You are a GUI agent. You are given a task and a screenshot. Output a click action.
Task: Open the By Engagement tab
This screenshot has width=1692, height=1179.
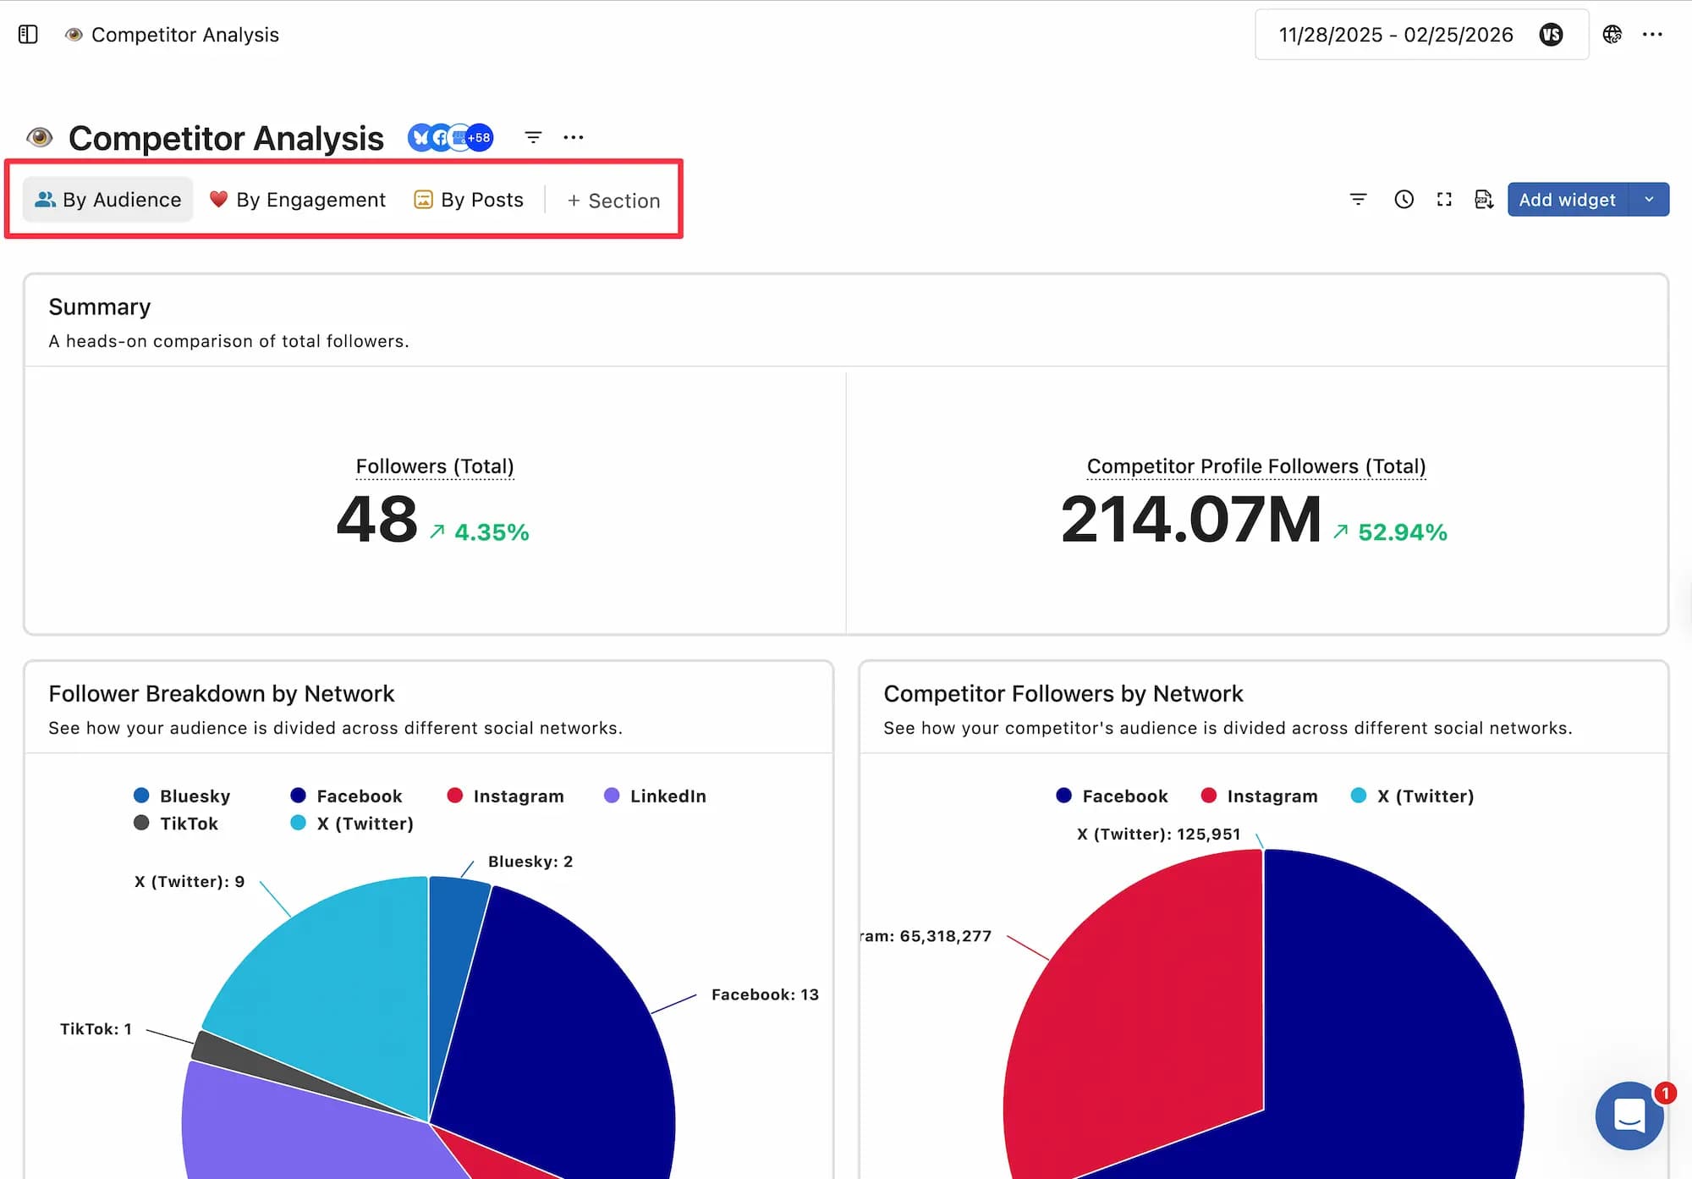pos(298,200)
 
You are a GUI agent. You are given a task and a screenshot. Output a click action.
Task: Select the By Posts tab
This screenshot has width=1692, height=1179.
pos(469,200)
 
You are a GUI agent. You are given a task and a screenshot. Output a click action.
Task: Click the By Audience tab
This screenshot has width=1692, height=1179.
pos(108,200)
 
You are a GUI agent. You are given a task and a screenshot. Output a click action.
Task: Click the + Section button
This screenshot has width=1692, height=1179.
pos(613,201)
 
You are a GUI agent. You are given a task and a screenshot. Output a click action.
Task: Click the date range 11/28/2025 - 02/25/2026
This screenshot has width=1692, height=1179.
pos(1395,35)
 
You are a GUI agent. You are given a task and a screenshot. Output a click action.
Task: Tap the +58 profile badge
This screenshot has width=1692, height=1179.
pos(479,137)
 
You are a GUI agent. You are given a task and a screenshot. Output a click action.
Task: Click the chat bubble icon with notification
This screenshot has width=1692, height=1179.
pos(1629,1115)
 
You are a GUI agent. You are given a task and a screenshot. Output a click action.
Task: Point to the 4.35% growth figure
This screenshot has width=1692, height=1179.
pos(491,532)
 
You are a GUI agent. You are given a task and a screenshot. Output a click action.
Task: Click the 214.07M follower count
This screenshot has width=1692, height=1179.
pos(1190,519)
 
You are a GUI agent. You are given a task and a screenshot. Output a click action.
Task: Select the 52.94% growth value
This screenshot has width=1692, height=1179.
pos(1402,532)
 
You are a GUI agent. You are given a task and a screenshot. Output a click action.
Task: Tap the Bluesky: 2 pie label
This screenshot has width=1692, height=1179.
pos(530,862)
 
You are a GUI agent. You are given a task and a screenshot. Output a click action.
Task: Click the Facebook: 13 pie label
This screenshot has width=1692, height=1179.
pos(764,994)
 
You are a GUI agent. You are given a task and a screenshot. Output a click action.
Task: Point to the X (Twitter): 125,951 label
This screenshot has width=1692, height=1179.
pos(1157,834)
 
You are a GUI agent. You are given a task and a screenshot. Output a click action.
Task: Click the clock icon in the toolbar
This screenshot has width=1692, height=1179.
pos(1404,200)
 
